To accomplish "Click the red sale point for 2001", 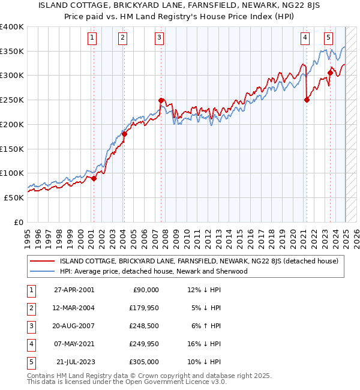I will [94, 178].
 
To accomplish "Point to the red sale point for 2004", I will [124, 134].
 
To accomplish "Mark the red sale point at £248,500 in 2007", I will [161, 101].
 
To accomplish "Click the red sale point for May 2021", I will [307, 100].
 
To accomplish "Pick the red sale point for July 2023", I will [330, 73].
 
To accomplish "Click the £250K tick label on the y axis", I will [12, 100].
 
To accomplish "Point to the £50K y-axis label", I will [14, 197].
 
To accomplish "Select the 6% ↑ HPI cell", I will [203, 327].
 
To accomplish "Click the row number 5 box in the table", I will [29, 363].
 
